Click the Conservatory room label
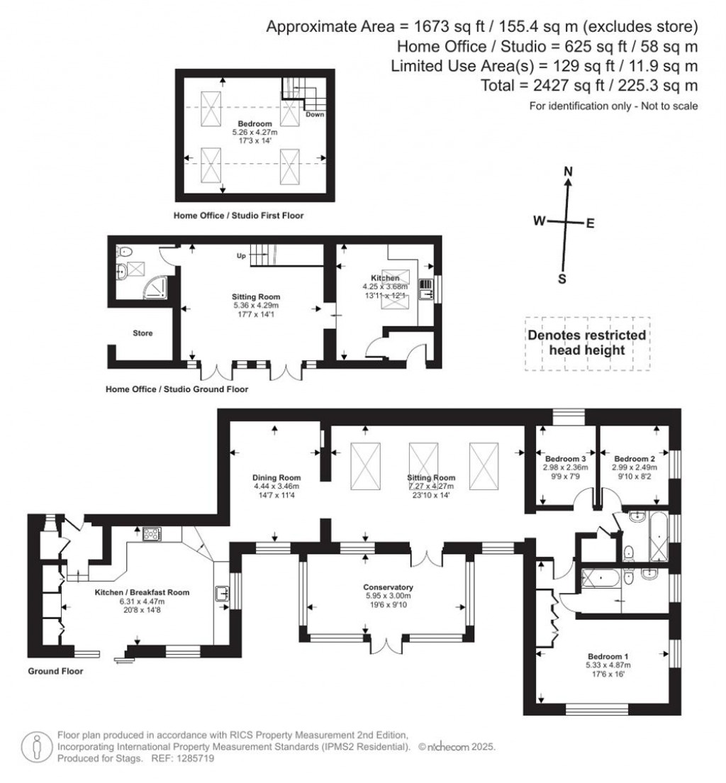pyautogui.click(x=388, y=587)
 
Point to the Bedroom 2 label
pyautogui.click(x=634, y=459)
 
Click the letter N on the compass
pyautogui.click(x=567, y=172)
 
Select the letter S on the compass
pyautogui.click(x=562, y=279)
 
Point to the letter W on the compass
pyautogui.click(x=540, y=221)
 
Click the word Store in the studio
pyautogui.click(x=143, y=333)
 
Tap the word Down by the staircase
pyautogui.click(x=315, y=113)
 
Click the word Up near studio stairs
pyautogui.click(x=242, y=256)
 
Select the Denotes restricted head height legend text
pyautogui.click(x=586, y=343)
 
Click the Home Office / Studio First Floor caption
pyautogui.click(x=238, y=215)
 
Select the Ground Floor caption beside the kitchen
pyautogui.click(x=55, y=670)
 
